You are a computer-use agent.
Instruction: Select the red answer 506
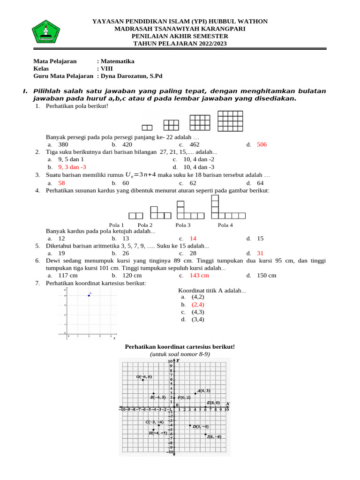(x=262, y=145)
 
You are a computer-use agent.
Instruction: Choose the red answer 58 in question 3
(x=61, y=183)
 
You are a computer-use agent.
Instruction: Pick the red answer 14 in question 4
(x=193, y=238)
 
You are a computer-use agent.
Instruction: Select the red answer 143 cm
(x=199, y=275)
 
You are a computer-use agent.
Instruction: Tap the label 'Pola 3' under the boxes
(x=183, y=225)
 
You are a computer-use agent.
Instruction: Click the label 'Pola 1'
(x=117, y=225)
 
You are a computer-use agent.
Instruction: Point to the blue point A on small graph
(x=89, y=295)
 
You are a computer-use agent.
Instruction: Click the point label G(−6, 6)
(x=144, y=376)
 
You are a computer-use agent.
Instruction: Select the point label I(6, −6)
(x=214, y=436)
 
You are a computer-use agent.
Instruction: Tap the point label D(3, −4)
(x=201, y=427)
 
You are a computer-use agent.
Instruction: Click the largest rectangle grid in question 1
(x=230, y=121)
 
